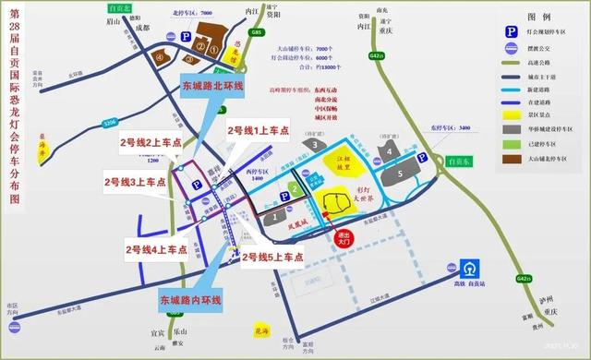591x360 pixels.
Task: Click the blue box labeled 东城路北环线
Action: click(x=212, y=86)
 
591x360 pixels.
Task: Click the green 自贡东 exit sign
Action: click(x=455, y=159)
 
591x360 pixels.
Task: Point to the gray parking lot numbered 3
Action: click(x=317, y=145)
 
